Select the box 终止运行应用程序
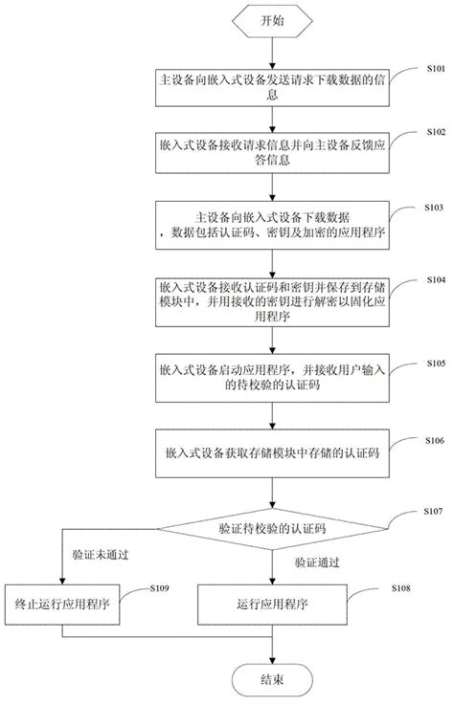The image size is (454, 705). pos(62,606)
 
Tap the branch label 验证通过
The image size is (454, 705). pos(318,562)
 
